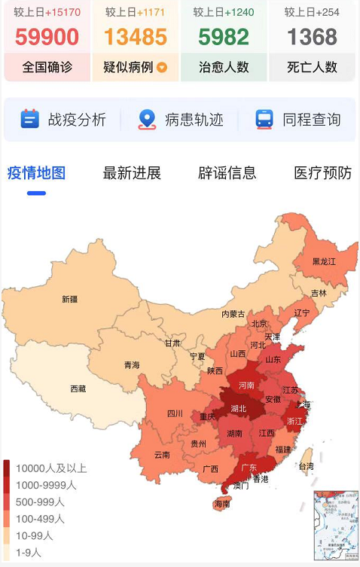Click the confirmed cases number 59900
tap(47, 37)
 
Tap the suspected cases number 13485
tap(136, 37)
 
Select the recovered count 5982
tap(224, 37)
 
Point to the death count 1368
tap(312, 37)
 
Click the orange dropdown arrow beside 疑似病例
tap(162, 68)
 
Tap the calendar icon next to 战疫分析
tap(29, 119)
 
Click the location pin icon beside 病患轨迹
tap(147, 119)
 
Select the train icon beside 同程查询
tap(264, 119)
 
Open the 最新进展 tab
tap(132, 173)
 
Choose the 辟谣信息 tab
tap(227, 173)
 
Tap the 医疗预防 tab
tap(322, 173)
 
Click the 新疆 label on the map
tap(69, 299)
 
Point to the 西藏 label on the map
tap(78, 389)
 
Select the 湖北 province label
tap(238, 409)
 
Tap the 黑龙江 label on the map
tap(325, 261)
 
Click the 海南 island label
tap(221, 504)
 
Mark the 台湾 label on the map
tap(307, 467)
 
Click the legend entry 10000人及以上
tap(50, 468)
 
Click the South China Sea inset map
tap(336, 526)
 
